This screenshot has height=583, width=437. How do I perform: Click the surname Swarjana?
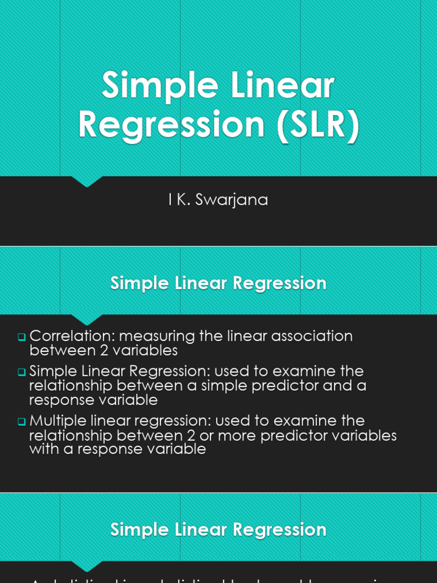click(232, 200)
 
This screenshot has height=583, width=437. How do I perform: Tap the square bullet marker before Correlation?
click(22, 337)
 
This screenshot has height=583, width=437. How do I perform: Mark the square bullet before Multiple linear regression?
click(22, 422)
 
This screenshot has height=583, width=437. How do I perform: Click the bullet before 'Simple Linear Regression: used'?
click(22, 372)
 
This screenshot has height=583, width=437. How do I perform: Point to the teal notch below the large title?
click(87, 182)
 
